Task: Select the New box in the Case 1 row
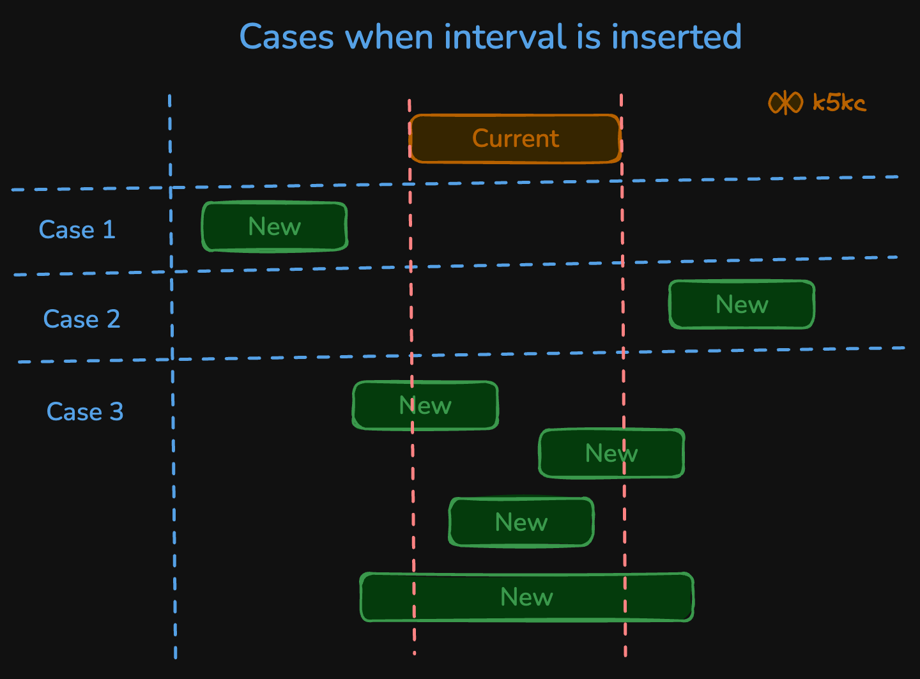[x=275, y=227]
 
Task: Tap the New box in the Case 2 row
[x=742, y=305]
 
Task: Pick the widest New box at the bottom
[x=527, y=597]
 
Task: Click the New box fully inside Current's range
[x=521, y=523]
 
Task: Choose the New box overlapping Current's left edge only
[x=425, y=406]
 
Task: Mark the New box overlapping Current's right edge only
[x=611, y=454]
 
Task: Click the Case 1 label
[x=77, y=230]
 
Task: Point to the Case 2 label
[x=81, y=319]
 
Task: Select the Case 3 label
[x=84, y=411]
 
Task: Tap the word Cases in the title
[x=286, y=37]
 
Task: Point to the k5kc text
[x=839, y=103]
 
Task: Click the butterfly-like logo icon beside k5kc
[x=785, y=102]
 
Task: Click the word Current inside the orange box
[x=516, y=139]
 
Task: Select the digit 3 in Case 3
[x=116, y=411]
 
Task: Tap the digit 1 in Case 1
[x=109, y=230]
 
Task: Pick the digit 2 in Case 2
[x=113, y=319]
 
